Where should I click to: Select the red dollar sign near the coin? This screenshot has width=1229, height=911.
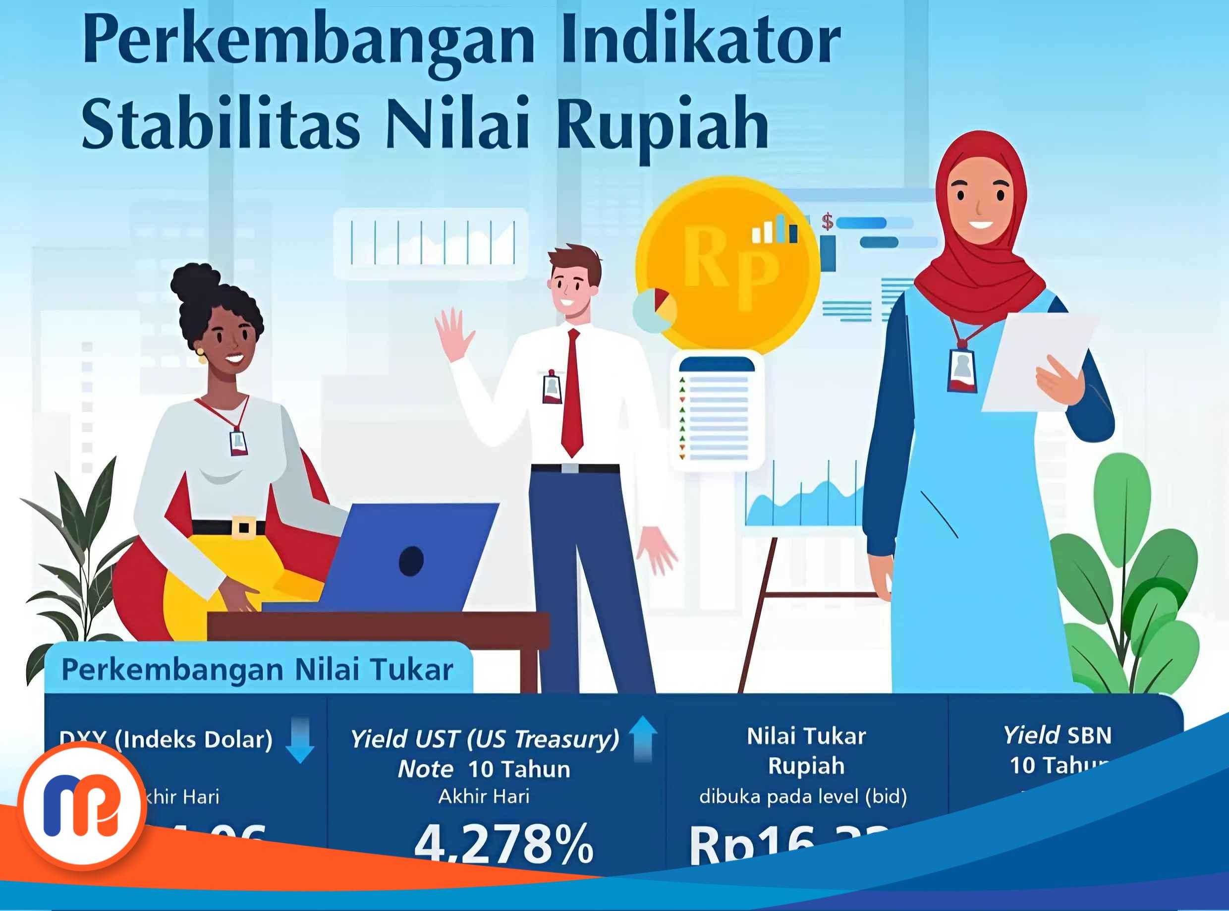pos(827,222)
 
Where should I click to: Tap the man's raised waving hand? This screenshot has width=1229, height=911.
pos(453,333)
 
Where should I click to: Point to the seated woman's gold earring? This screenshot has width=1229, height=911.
pos(201,354)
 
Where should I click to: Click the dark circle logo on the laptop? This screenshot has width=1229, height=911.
pos(411,561)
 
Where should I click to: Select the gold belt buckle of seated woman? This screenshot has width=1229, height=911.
pos(243,527)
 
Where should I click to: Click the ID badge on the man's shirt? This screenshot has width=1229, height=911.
pos(552,387)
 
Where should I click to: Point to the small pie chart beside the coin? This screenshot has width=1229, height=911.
pos(655,310)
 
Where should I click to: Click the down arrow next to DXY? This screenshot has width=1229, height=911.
pos(300,740)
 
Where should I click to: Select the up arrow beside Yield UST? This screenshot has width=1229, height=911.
pos(643,738)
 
